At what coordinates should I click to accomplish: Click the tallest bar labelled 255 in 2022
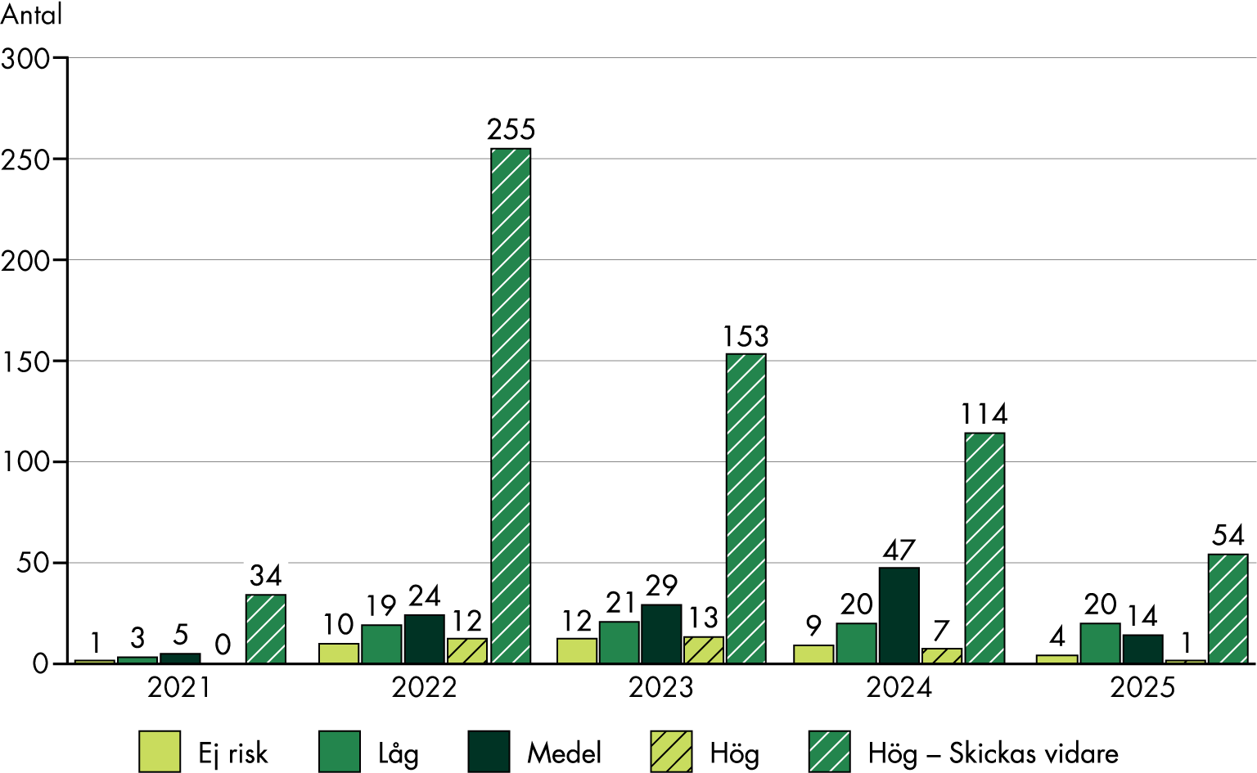tap(510, 406)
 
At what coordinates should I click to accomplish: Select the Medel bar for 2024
tap(899, 615)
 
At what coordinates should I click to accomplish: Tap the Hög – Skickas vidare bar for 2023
tap(746, 509)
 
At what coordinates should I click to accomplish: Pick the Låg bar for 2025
tap(1100, 643)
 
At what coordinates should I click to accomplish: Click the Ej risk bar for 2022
tap(339, 653)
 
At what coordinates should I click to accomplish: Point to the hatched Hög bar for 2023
tap(703, 650)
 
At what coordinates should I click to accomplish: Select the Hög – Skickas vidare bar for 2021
tap(265, 628)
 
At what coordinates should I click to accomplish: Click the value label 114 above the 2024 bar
tap(984, 415)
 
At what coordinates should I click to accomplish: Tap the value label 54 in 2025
tap(1228, 536)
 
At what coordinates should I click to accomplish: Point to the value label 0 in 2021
tap(223, 645)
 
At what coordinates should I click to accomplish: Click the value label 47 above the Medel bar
tap(899, 551)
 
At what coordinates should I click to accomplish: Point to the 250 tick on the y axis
tap(26, 160)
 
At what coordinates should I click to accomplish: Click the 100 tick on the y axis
tap(26, 462)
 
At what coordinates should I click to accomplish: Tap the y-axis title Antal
tap(31, 15)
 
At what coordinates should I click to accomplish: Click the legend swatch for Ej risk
tap(160, 752)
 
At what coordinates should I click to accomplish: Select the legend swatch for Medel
tap(489, 752)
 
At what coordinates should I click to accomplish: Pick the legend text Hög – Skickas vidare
tap(993, 753)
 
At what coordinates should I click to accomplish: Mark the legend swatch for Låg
tap(340, 752)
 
